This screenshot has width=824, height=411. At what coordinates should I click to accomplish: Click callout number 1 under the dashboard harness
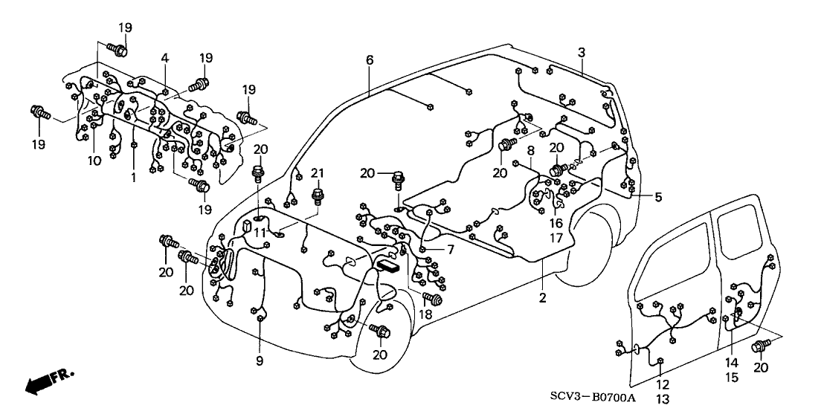click(x=134, y=178)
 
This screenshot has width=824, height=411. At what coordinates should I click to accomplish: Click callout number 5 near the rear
click(x=657, y=197)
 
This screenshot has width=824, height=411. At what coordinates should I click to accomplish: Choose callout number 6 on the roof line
click(x=370, y=59)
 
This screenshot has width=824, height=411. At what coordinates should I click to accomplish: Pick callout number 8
click(x=530, y=151)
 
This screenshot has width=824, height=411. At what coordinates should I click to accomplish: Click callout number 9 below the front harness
click(x=260, y=363)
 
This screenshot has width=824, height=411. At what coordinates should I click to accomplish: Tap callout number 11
click(x=260, y=233)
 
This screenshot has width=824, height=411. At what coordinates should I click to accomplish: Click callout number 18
click(x=426, y=316)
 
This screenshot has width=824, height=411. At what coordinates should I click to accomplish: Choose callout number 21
click(x=318, y=173)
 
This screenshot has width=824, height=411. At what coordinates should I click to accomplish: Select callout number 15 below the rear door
click(x=732, y=378)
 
